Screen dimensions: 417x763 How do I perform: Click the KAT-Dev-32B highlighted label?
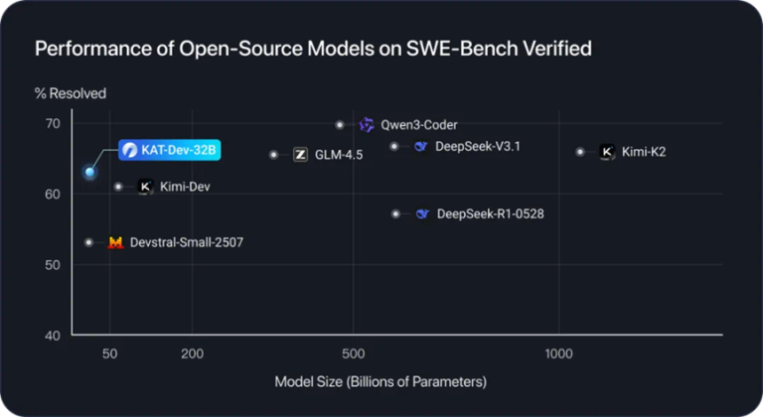(168, 151)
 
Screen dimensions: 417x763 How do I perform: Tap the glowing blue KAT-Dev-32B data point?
(89, 172)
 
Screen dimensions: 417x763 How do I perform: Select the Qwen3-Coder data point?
(340, 125)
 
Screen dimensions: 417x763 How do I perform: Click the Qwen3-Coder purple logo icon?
(367, 125)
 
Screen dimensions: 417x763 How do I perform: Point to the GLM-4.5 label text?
(339, 155)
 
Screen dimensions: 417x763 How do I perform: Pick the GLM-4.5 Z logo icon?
(300, 155)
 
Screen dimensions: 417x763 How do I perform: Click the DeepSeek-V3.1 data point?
(394, 146)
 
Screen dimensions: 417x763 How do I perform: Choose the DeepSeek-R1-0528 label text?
(490, 213)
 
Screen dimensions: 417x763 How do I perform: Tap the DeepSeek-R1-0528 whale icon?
(422, 213)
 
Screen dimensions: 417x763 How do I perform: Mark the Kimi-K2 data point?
(580, 152)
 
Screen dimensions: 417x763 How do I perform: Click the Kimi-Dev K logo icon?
(144, 187)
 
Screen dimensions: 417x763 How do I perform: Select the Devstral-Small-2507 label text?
(187, 242)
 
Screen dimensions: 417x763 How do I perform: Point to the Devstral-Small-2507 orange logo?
(115, 242)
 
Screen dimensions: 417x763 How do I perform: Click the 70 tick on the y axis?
(53, 124)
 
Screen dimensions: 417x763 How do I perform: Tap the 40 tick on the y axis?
(53, 336)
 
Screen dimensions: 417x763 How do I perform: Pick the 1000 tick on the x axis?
(559, 353)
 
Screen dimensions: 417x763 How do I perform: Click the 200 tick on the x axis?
(193, 353)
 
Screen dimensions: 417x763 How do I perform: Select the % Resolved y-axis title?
(71, 93)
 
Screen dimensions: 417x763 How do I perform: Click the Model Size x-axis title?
(381, 381)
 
